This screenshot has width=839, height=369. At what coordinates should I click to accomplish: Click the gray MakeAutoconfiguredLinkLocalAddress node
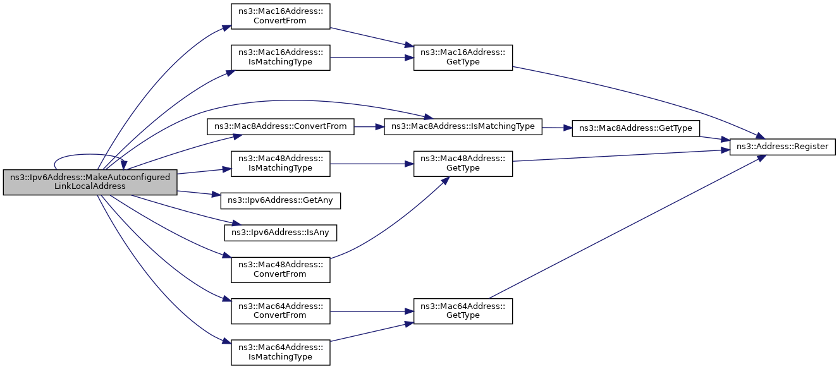(x=90, y=182)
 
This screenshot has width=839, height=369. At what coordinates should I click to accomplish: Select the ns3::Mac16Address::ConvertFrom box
(x=280, y=16)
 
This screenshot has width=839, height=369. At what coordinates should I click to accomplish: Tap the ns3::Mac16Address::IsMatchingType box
(x=280, y=57)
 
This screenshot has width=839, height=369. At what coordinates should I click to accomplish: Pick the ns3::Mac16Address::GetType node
(x=463, y=57)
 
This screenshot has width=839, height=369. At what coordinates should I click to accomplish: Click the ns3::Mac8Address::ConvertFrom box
(x=280, y=127)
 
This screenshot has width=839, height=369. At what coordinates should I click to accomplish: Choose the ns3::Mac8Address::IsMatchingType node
(x=463, y=127)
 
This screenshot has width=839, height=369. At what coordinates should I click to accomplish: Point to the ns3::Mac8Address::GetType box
(x=635, y=128)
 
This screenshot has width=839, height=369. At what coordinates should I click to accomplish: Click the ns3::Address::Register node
(x=783, y=147)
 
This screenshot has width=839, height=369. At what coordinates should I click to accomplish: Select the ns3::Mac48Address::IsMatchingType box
(x=280, y=164)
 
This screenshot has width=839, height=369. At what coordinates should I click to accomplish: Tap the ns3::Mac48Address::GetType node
(x=463, y=164)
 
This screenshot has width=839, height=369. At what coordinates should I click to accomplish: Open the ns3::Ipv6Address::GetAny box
(x=280, y=200)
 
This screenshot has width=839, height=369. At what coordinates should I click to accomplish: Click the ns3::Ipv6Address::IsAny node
(x=280, y=233)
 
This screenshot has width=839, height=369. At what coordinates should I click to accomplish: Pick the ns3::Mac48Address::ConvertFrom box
(x=280, y=269)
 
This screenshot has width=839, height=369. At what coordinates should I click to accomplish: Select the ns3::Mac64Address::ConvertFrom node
(x=280, y=311)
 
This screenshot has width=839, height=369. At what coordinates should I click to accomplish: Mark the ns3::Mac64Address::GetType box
(x=463, y=311)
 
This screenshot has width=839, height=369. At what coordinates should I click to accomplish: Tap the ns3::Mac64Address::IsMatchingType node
(x=280, y=352)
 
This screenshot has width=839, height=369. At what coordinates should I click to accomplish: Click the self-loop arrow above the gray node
(x=88, y=154)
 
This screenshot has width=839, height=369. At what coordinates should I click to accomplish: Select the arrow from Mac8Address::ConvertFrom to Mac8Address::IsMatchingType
(x=369, y=127)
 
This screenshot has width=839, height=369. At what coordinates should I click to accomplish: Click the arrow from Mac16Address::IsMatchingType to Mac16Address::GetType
(x=372, y=57)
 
